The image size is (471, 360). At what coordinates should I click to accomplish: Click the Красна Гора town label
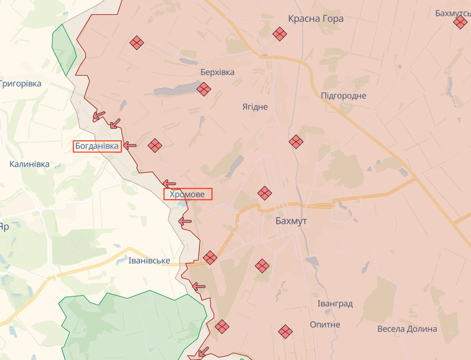316,18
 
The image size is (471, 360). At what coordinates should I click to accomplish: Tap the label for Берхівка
217,72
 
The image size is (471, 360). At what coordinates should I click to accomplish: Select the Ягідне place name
255,107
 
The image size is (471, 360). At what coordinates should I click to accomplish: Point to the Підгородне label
344,95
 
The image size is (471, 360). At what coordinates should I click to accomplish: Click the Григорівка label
20,84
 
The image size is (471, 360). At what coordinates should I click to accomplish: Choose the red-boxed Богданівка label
97,146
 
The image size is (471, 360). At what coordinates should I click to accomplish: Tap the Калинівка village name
29,164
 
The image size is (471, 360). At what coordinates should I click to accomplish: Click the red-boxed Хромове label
188,195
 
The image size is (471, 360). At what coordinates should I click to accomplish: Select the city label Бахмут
292,221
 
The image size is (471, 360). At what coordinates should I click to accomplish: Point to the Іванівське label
149,261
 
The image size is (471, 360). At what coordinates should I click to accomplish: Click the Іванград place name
335,304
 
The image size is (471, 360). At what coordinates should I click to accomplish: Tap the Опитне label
325,324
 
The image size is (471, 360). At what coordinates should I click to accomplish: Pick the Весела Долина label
407,329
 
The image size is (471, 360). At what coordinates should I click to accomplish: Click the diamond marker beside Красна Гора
279,34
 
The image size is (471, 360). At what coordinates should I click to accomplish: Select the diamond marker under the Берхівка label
204,89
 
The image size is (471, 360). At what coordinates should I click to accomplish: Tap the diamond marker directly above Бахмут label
264,193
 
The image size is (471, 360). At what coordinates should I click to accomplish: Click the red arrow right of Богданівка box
130,146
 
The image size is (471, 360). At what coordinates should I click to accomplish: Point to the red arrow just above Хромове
169,184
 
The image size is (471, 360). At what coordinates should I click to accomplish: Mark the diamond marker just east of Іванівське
210,258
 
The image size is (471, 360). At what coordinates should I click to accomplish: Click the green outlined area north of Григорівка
63,50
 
